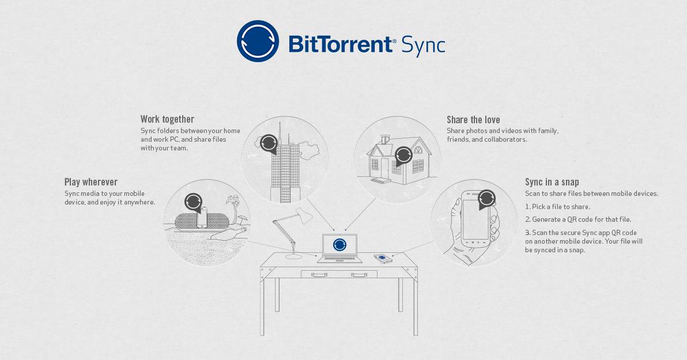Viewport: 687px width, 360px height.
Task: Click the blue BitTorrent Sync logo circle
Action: pos(258,41)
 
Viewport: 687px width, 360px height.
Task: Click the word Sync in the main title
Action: pos(423,44)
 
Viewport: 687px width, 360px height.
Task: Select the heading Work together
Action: pos(167,119)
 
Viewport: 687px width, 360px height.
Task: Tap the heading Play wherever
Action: pos(91,182)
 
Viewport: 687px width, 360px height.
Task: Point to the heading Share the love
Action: pos(473,120)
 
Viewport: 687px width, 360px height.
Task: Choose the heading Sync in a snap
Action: pos(552,182)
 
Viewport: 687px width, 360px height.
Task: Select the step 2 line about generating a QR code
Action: pos(578,219)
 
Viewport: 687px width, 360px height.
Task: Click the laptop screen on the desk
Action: pos(339,245)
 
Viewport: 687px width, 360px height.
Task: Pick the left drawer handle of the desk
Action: pos(319,275)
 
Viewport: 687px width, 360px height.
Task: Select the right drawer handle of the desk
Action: pos(358,275)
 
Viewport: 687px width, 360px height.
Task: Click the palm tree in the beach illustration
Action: pos(234,204)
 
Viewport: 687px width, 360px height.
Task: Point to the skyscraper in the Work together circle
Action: pos(286,170)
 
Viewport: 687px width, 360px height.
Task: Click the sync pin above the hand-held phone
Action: pos(486,199)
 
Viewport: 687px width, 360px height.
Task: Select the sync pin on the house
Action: pos(403,155)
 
